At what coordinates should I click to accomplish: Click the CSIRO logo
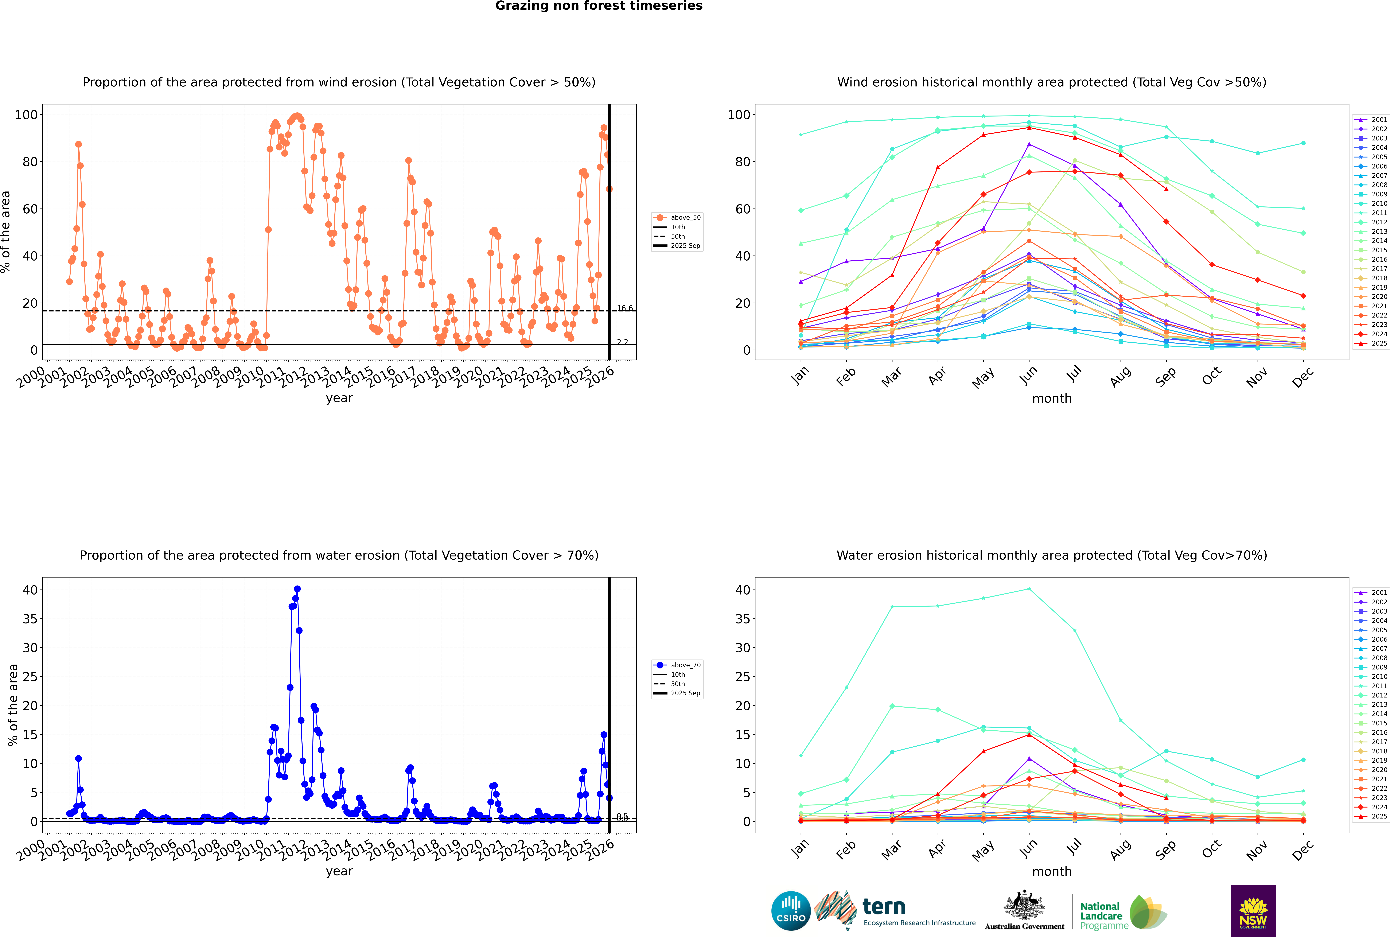(791, 911)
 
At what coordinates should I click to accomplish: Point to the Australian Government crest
(1024, 907)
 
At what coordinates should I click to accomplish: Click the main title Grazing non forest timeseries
(599, 6)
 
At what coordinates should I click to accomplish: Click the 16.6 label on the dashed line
(624, 308)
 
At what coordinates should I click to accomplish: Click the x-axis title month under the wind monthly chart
(1052, 399)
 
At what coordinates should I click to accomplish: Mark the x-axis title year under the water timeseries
(339, 871)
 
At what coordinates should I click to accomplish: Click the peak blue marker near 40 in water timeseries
(297, 589)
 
